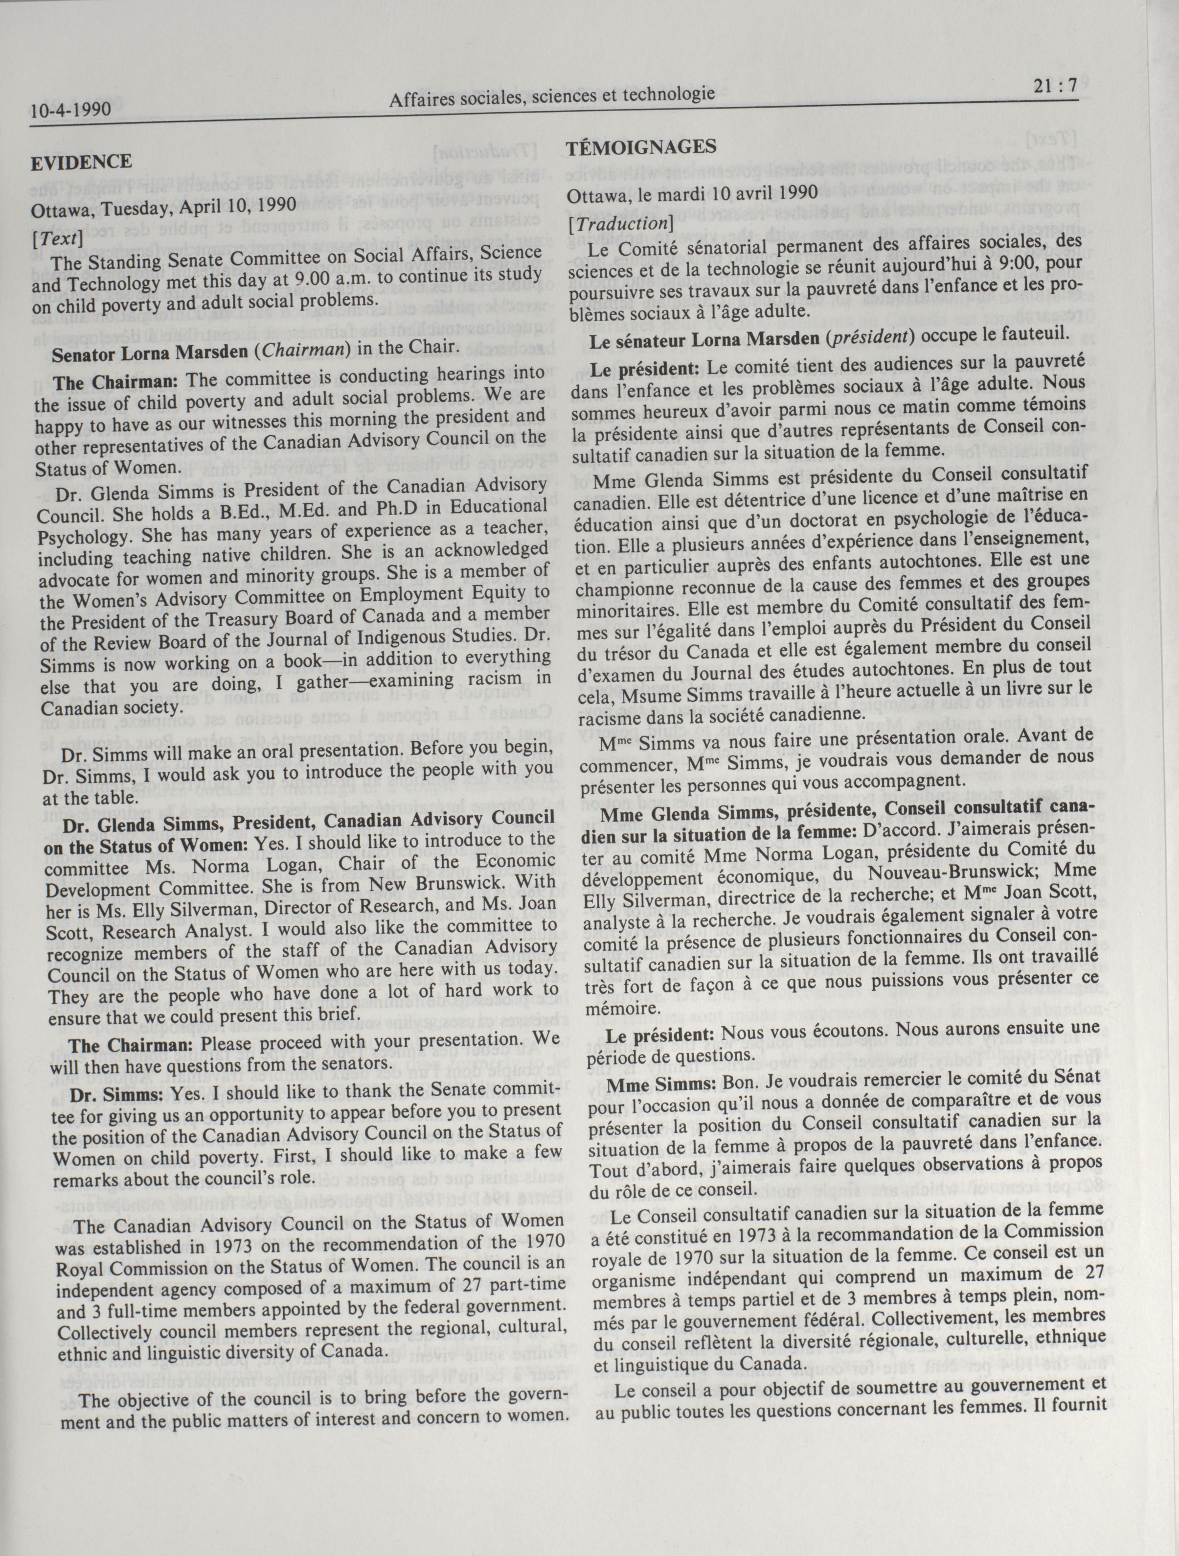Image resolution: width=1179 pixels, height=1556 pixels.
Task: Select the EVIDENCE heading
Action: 81,162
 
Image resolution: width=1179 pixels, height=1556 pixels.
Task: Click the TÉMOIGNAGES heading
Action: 641,147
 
